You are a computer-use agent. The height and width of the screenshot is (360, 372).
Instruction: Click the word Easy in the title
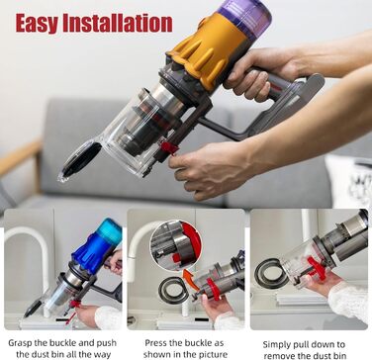point(44,22)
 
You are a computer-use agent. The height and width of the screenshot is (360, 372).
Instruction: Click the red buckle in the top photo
point(168,147)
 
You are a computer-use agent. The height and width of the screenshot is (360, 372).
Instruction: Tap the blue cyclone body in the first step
point(96,246)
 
